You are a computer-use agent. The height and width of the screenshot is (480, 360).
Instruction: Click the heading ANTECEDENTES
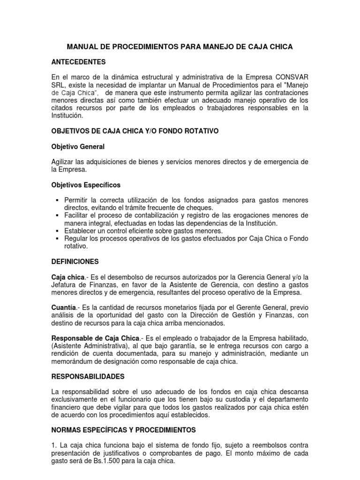(78, 62)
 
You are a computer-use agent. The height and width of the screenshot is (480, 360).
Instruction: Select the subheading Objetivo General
(78, 147)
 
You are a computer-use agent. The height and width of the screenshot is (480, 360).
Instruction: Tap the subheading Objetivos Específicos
(86, 185)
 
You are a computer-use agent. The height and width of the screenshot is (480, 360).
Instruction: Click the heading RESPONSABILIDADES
(88, 376)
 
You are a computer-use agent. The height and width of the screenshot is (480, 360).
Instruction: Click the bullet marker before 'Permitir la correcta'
(57, 200)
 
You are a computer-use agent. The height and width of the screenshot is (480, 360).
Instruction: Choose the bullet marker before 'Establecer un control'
(57, 231)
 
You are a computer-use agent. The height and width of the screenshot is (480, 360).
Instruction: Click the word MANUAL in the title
(83, 47)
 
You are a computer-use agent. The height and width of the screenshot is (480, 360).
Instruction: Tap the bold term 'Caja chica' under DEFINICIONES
(67, 277)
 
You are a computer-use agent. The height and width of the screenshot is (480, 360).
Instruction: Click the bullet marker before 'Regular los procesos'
(57, 239)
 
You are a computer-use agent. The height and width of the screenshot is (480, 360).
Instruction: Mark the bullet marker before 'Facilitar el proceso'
(57, 215)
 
